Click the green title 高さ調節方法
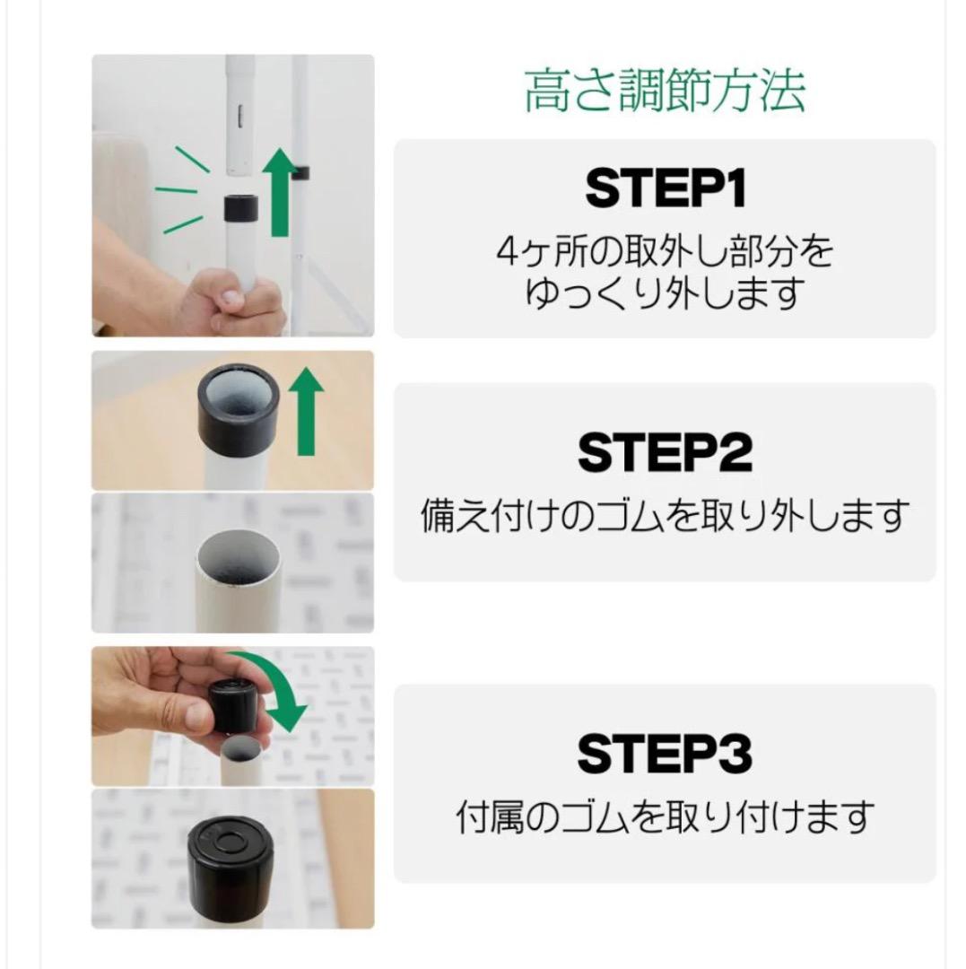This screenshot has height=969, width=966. click(664, 91)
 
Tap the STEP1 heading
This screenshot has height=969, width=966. click(665, 189)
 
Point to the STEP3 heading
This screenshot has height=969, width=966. click(665, 754)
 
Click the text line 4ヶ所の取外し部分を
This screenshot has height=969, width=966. click(665, 252)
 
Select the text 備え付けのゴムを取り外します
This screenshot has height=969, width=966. click(665, 516)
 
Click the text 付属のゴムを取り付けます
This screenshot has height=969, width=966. click(665, 817)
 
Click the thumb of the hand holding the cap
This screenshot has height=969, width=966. click(193, 718)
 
